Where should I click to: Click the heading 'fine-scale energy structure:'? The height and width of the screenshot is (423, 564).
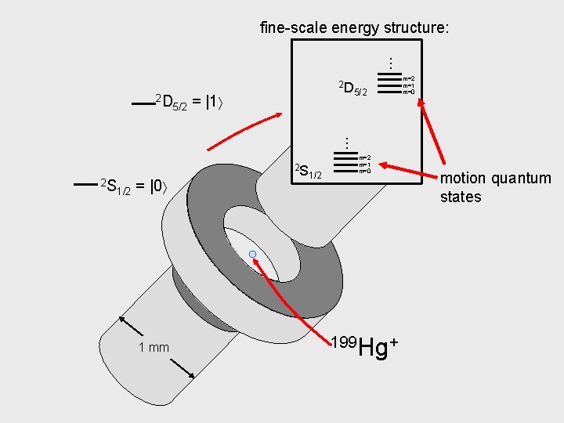(x=355, y=28)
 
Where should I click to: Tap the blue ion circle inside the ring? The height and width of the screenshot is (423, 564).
(x=252, y=255)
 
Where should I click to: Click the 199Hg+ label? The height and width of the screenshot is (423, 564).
(x=365, y=347)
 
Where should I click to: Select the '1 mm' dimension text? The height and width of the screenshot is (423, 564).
(x=154, y=347)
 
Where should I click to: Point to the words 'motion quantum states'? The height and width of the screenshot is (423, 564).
(x=506, y=187)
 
